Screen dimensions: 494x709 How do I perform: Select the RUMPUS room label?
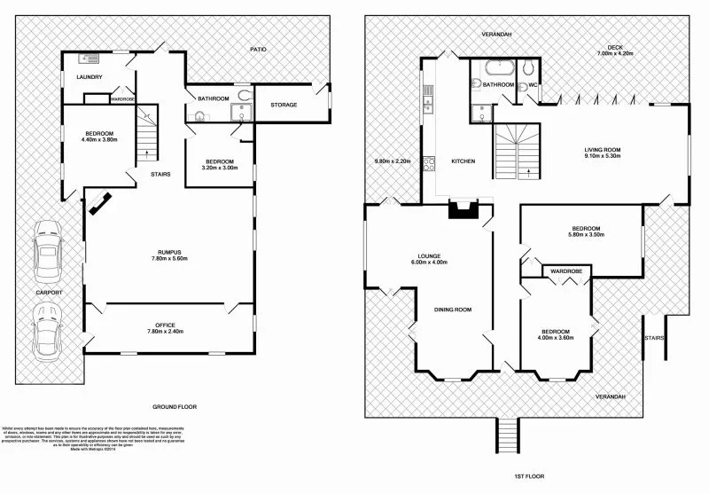(x=168, y=253)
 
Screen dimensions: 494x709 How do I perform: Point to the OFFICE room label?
(x=168, y=325)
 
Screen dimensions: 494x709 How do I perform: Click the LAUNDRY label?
(x=90, y=77)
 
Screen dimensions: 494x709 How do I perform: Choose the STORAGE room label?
(x=284, y=105)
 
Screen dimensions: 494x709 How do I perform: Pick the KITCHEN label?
(x=464, y=161)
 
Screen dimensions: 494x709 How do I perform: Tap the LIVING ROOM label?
(x=602, y=150)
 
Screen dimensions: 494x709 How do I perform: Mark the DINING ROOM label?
(x=452, y=310)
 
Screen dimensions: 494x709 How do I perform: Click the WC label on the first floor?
(x=534, y=86)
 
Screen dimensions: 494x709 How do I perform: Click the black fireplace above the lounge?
(x=462, y=209)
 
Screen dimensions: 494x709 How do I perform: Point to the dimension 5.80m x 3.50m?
(x=586, y=235)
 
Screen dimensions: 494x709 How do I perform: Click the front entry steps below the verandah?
(x=505, y=435)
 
